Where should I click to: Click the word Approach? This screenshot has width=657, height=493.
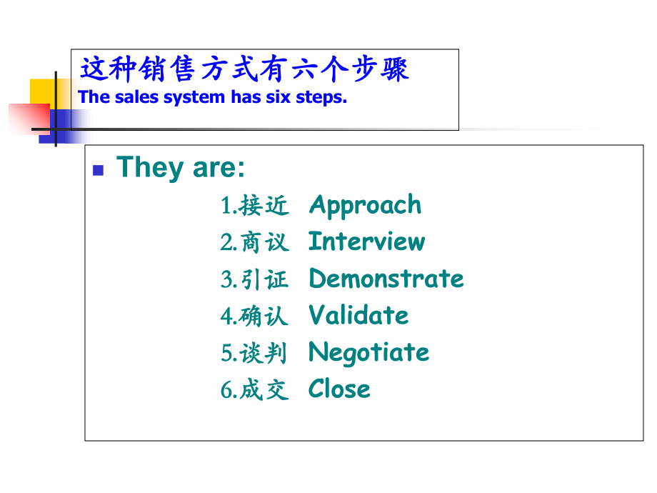[365, 206]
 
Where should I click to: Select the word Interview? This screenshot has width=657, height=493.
[366, 242]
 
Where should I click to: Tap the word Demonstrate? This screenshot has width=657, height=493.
[386, 279]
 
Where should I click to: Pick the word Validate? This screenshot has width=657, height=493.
[358, 316]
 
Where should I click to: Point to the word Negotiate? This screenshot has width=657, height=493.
[368, 353]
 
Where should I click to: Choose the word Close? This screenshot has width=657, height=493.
[339, 389]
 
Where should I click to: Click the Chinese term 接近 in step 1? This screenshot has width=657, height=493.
[264, 206]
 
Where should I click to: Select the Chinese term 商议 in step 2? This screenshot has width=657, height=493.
[264, 243]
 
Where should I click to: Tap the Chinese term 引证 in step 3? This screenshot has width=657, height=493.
[264, 280]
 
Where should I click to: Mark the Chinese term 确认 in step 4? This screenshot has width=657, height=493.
[264, 317]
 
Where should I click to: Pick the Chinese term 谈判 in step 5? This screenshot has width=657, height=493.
[264, 354]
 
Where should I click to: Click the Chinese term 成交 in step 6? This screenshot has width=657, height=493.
[264, 390]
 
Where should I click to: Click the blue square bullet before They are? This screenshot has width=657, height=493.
[99, 170]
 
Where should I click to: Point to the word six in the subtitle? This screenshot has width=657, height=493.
[282, 98]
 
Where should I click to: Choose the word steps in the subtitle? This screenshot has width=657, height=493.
[322, 98]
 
